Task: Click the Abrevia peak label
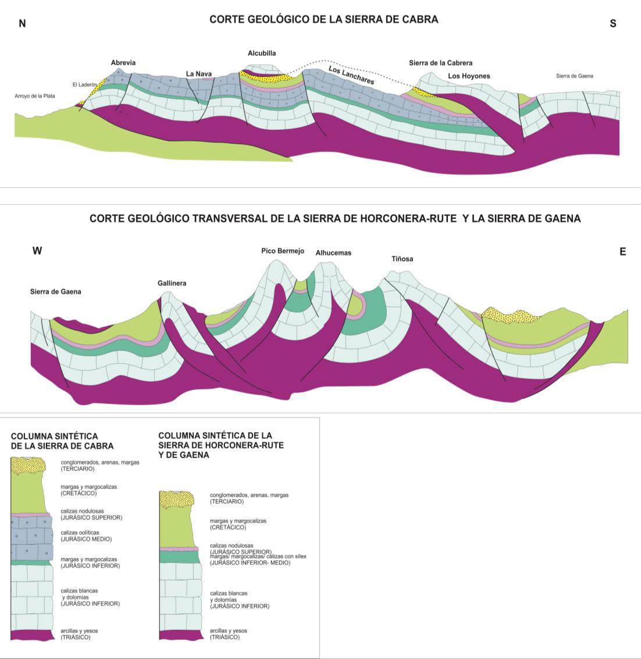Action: [123, 63]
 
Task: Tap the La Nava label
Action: [199, 73]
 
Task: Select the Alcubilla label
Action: [262, 53]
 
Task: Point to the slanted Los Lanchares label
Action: [351, 75]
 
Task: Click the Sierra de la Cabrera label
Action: [440, 63]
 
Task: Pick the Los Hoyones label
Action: [469, 76]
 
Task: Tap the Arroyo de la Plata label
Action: [35, 95]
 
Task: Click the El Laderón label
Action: [84, 84]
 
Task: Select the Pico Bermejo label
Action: [283, 251]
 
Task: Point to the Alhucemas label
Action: [333, 253]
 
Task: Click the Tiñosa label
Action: [402, 259]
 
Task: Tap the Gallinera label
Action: [172, 283]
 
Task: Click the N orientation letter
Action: [23, 24]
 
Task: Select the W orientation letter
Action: [37, 251]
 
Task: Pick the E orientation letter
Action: [622, 251]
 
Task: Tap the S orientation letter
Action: [612, 24]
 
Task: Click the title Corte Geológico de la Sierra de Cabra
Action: [323, 19]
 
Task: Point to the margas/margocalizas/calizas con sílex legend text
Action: [258, 559]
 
